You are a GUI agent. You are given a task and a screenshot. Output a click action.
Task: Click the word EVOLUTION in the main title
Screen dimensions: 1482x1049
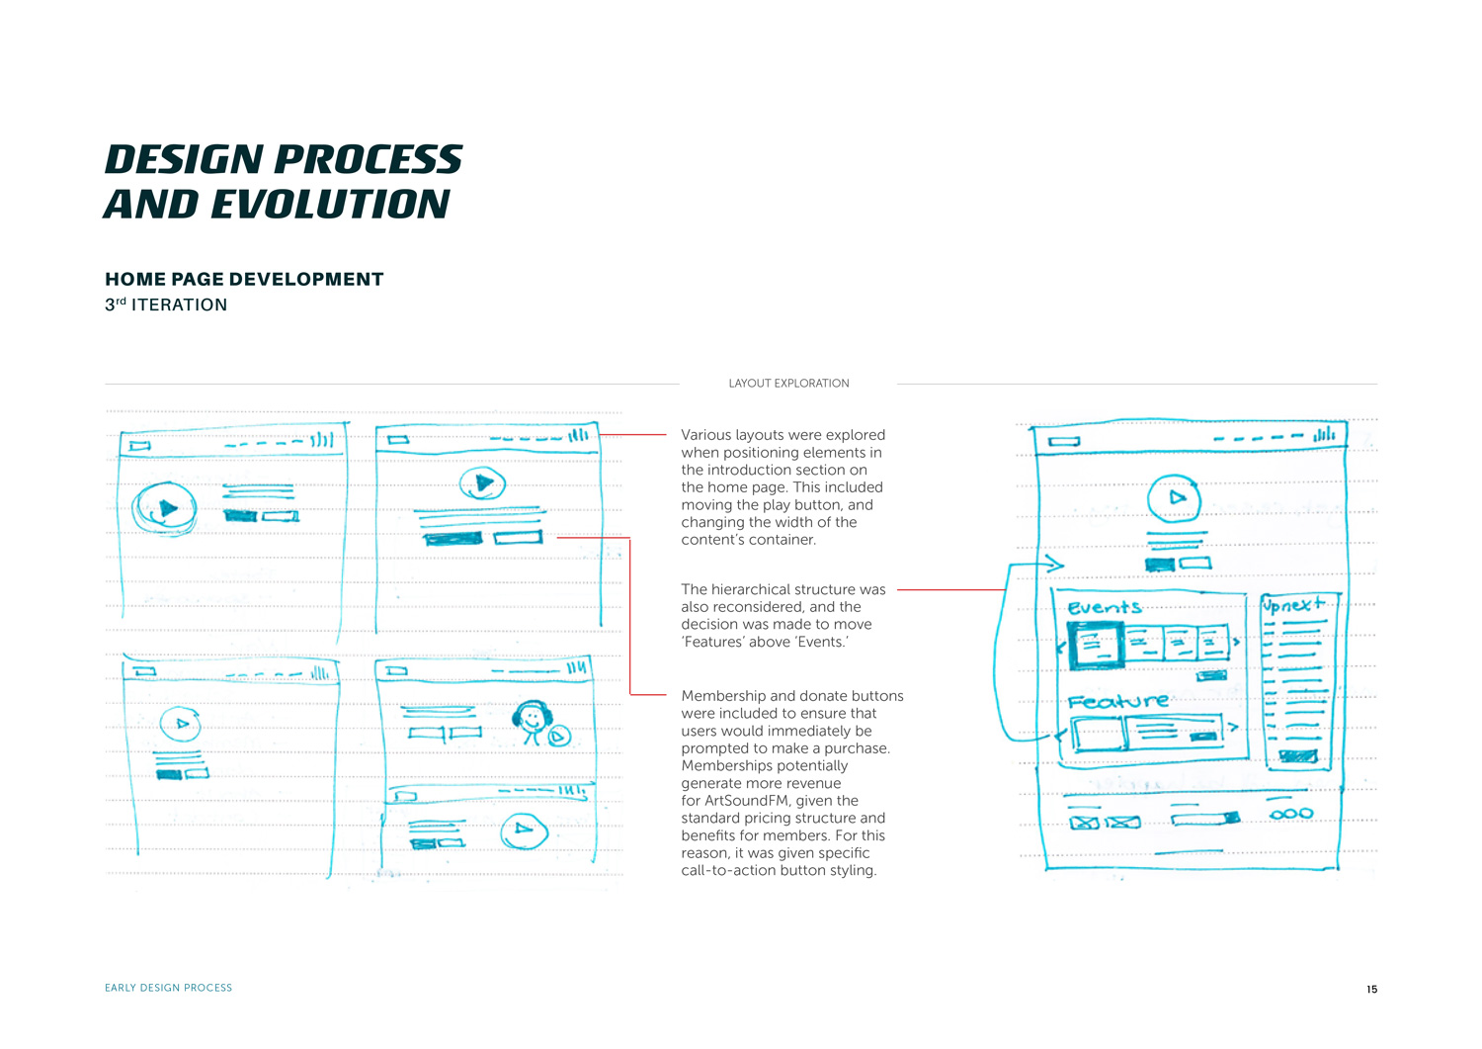click(330, 204)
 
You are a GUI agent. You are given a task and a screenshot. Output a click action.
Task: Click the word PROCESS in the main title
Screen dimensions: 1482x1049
click(368, 159)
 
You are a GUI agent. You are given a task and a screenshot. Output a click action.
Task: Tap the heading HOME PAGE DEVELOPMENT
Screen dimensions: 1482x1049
click(244, 280)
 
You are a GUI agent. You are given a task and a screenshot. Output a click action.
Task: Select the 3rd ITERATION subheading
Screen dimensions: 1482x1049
click(166, 305)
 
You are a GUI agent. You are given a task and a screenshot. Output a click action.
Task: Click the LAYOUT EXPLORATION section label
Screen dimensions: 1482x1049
click(788, 384)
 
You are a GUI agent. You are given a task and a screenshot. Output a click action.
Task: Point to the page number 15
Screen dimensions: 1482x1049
click(1371, 990)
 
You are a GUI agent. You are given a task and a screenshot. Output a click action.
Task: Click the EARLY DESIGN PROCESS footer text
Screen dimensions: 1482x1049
click(169, 988)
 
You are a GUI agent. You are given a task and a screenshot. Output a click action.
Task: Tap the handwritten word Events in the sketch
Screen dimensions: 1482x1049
click(1105, 608)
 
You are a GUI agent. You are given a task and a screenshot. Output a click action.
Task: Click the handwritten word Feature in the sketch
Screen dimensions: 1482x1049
click(1118, 701)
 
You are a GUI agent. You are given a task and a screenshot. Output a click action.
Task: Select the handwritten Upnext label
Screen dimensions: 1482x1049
click(1293, 605)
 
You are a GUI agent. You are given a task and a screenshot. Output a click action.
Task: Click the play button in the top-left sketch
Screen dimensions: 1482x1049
click(164, 508)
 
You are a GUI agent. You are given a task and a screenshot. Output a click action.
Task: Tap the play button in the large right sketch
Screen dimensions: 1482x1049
click(1174, 498)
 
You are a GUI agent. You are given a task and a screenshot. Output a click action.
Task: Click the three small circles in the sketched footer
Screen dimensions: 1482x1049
click(1290, 814)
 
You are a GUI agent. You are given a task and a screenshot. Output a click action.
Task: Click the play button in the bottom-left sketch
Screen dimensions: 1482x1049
click(180, 724)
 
